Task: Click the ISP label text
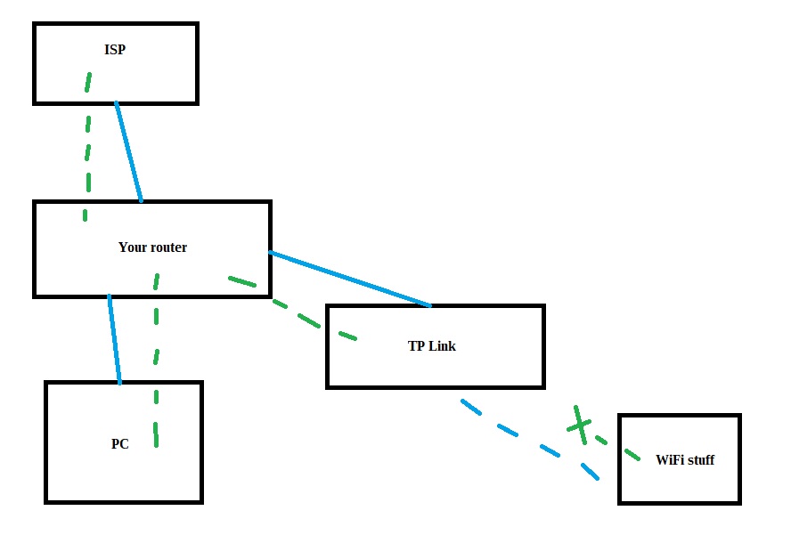[115, 50]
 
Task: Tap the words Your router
[152, 247]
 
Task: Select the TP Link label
[431, 345]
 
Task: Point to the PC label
[120, 443]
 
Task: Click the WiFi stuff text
[684, 460]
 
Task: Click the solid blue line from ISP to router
[128, 151]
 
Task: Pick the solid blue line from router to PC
[114, 338]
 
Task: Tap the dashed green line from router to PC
[156, 356]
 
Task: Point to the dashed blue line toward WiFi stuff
[526, 438]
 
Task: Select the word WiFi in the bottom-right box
[669, 460]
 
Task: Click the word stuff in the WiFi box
[699, 460]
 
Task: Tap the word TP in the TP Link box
[415, 345]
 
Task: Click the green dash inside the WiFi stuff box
[631, 455]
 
